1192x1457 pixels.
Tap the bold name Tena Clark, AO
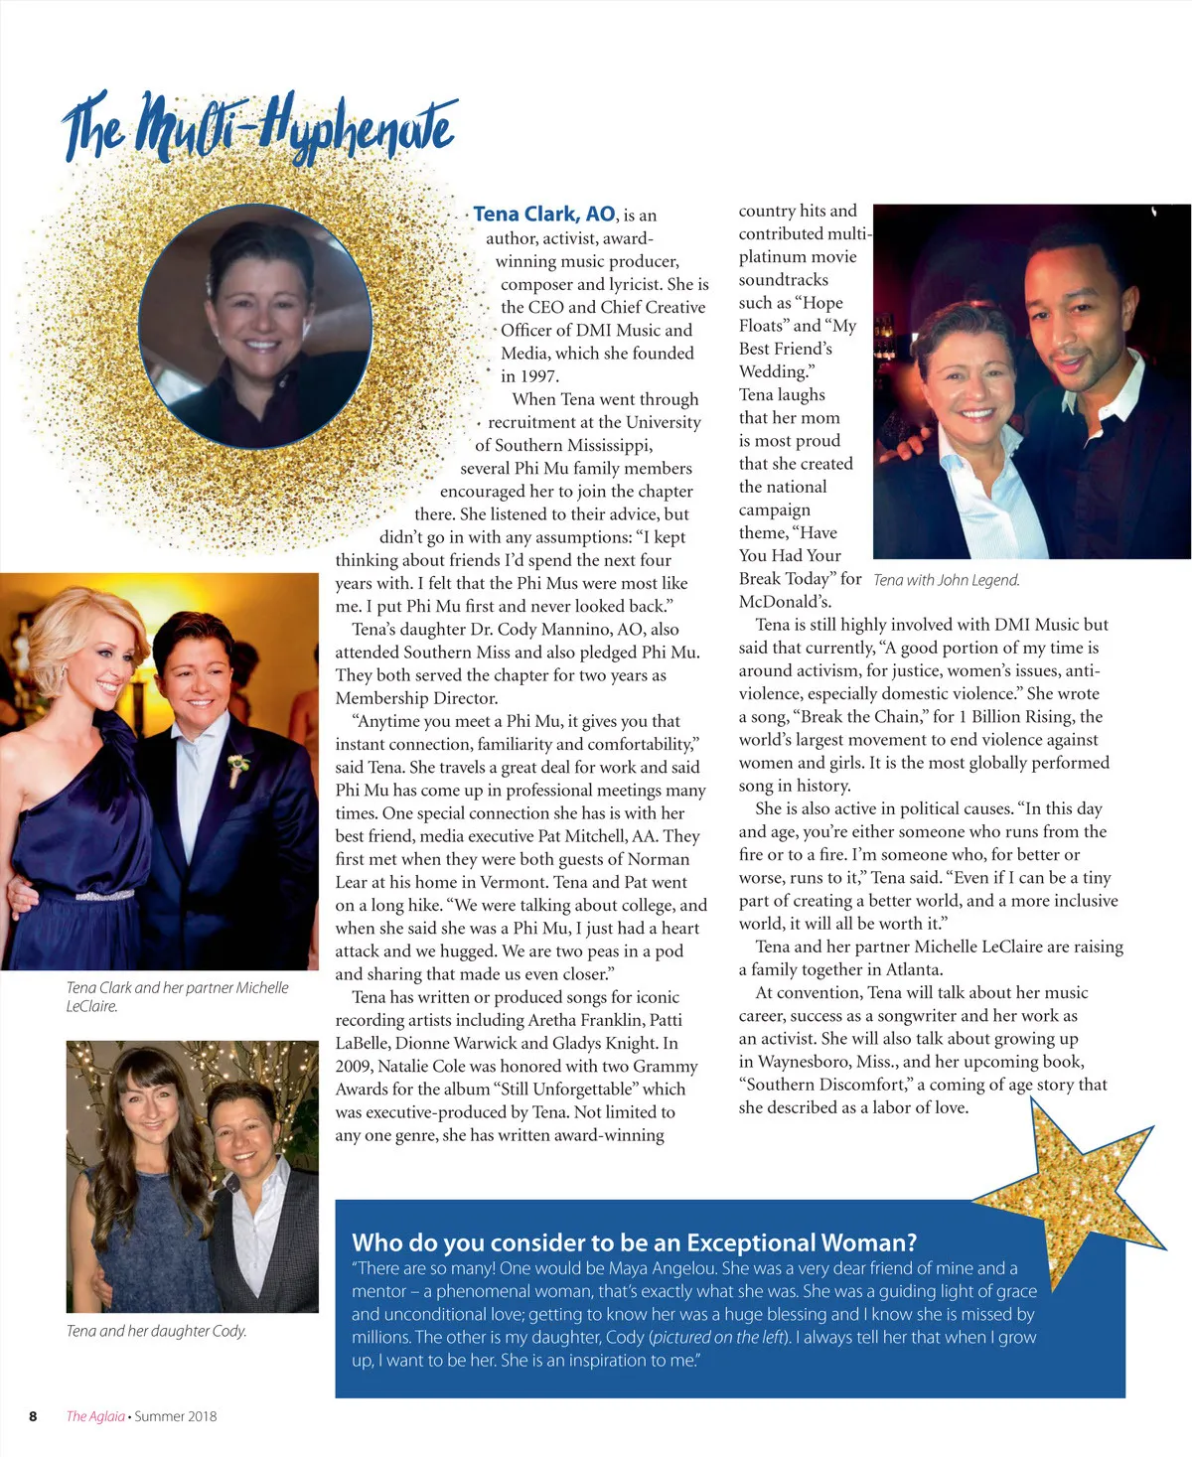pos(543,215)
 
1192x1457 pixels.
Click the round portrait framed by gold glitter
pos(255,326)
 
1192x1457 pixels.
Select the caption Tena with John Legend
pos(946,580)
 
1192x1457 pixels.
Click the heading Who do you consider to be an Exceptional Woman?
pos(634,1242)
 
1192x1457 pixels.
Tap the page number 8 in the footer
pos(33,1416)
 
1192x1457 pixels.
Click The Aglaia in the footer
pos(95,1416)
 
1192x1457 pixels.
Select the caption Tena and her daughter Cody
pos(156,1331)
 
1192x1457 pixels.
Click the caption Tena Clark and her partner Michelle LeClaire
pos(177,996)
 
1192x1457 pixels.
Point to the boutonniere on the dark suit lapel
pos(236,766)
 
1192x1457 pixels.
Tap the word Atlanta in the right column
pos(908,969)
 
